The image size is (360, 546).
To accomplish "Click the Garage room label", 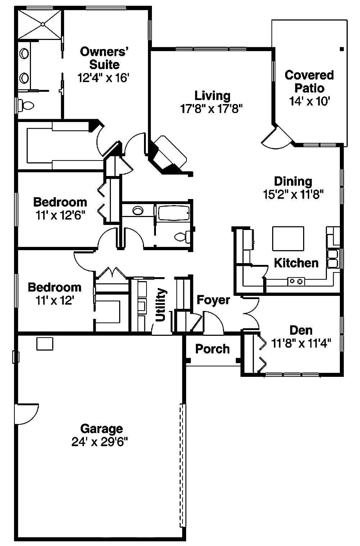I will [102, 429].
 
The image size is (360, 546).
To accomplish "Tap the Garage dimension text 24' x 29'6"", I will [100, 442].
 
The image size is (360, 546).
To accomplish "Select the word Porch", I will [212, 349].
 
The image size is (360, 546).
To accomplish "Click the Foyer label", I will [213, 300].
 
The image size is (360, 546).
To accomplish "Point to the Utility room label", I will [160, 304].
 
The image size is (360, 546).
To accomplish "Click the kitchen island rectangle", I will [288, 238].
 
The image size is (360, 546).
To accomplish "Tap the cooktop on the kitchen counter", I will [296, 281].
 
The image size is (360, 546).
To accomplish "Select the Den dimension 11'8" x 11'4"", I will [301, 343].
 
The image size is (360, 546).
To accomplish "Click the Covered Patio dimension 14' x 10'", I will [309, 101].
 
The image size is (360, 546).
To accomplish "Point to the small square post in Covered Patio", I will [342, 49].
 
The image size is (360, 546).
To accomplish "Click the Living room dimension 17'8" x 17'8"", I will [211, 108].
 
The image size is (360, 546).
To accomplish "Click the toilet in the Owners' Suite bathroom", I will [26, 105].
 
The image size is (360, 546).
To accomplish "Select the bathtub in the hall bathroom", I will [174, 213].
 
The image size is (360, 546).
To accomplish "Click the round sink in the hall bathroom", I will [138, 211].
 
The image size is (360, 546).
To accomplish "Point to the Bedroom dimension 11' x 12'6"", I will [60, 215].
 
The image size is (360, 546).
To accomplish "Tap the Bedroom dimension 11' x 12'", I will [55, 300].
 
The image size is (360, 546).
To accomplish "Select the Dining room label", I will [293, 181].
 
